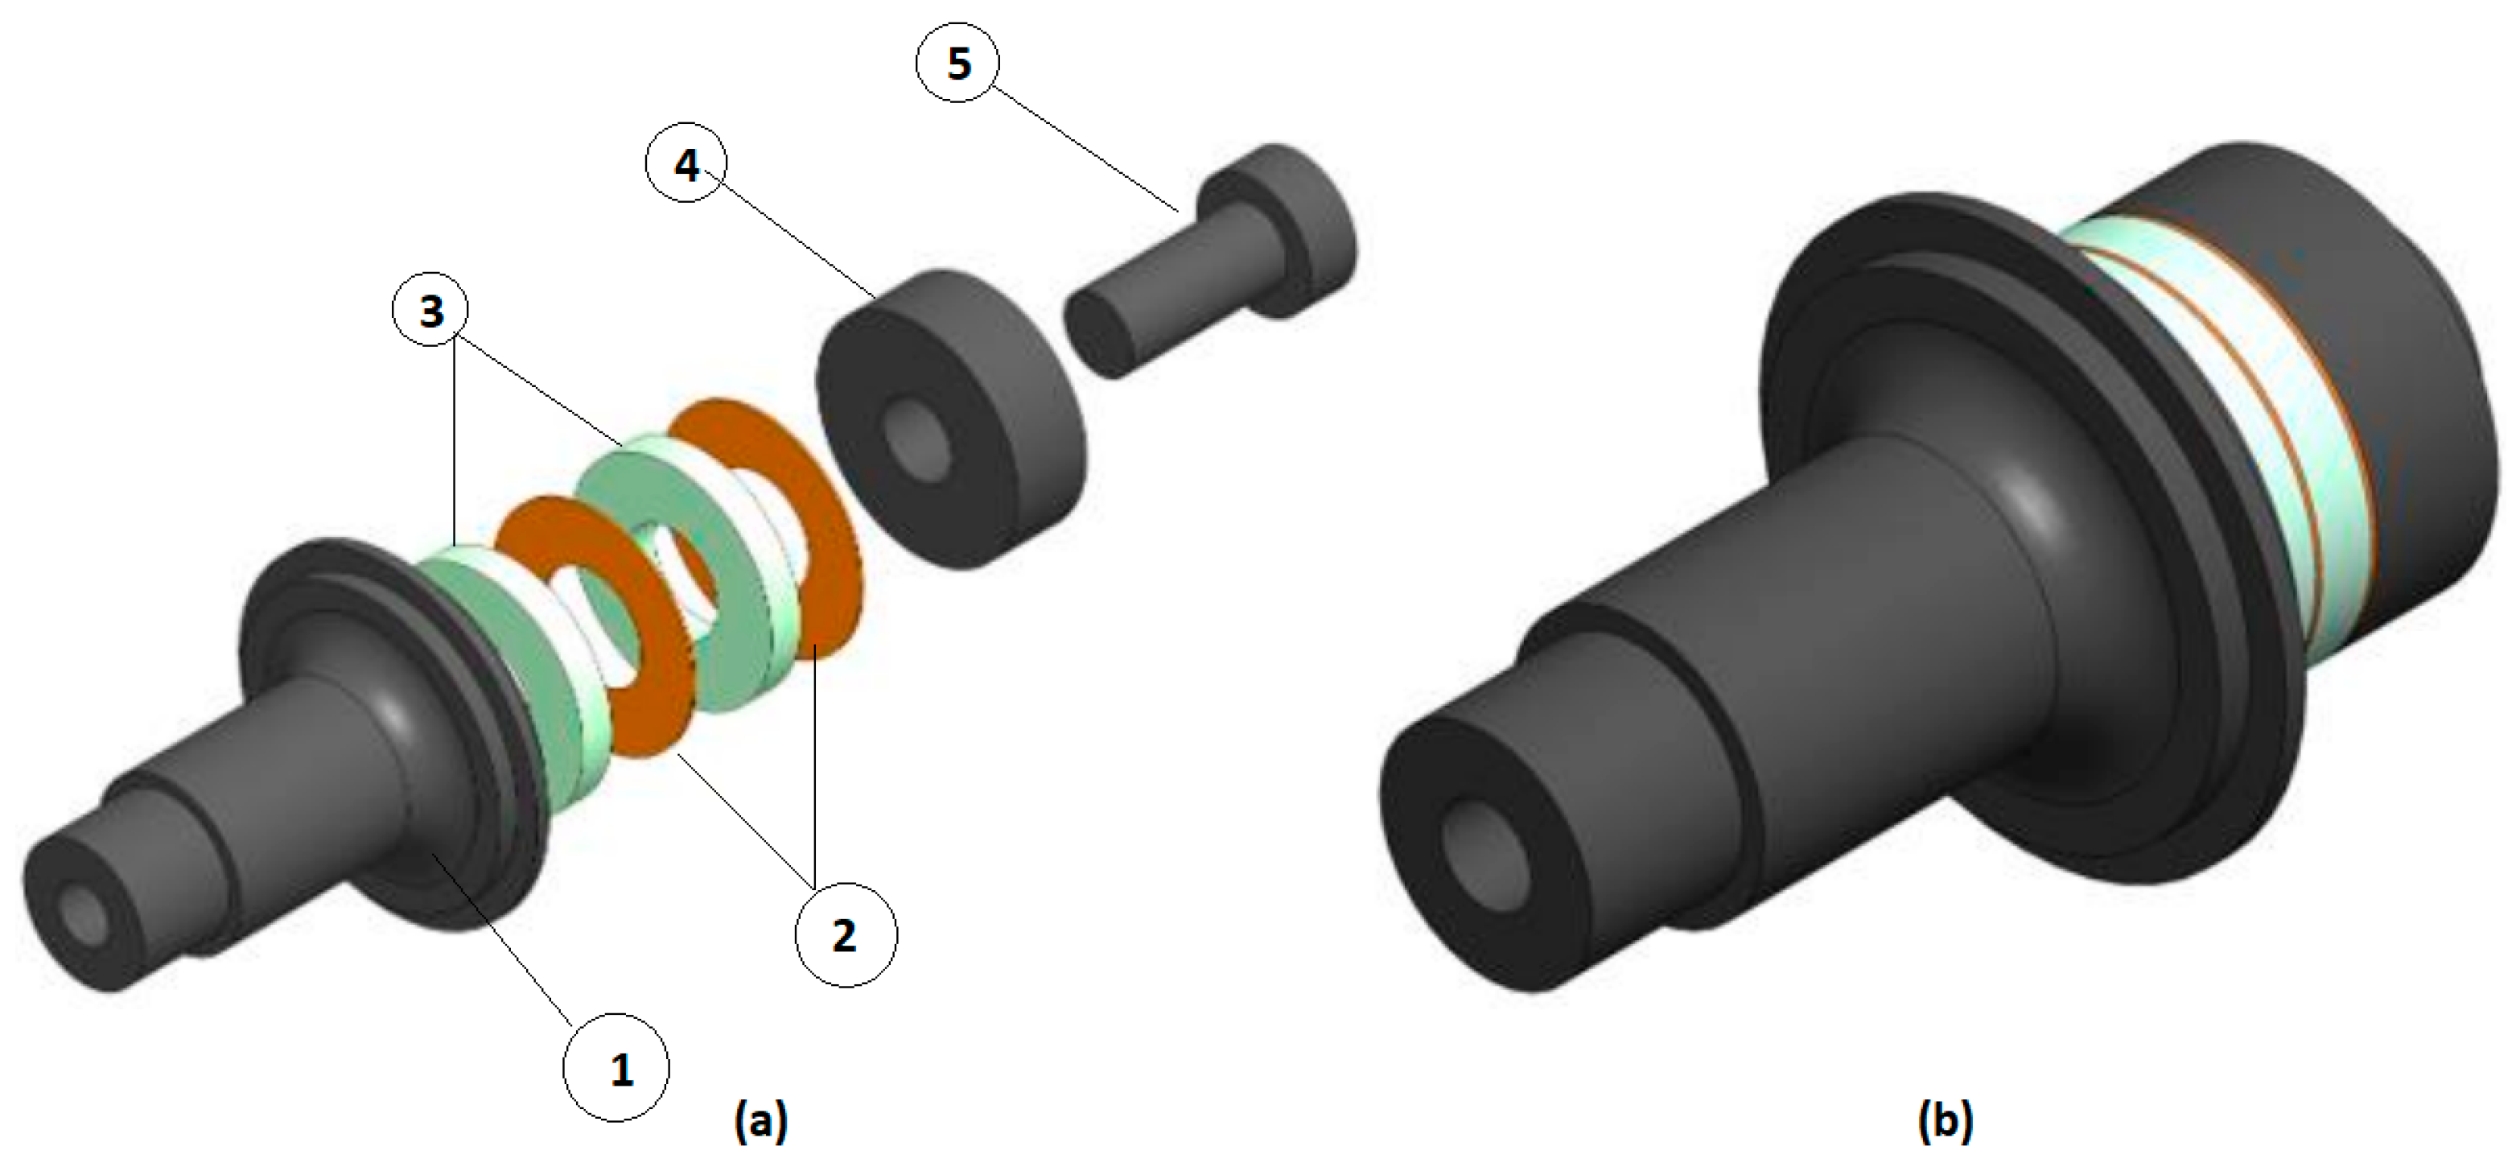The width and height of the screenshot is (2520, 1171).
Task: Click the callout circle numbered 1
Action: [x=616, y=1067]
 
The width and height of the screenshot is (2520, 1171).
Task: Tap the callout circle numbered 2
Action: [x=845, y=935]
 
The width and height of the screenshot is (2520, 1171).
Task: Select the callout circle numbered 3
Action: [x=430, y=310]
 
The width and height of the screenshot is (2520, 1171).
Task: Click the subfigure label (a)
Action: [x=760, y=1121]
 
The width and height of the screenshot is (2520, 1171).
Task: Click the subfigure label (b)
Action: [x=1945, y=1121]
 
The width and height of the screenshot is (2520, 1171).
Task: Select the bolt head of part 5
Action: [x=1301, y=230]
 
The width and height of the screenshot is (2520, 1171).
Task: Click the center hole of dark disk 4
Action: [x=916, y=439]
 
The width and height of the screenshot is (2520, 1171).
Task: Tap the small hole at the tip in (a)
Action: [x=82, y=917]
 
